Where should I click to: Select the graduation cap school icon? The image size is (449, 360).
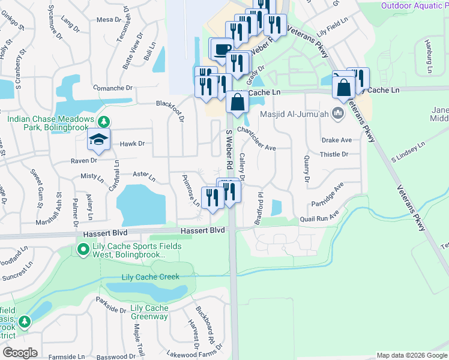(98, 140)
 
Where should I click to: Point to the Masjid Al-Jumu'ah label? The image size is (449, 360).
(295, 114)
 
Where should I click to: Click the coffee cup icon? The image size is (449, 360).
(222, 47)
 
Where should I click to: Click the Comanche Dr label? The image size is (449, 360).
(112, 88)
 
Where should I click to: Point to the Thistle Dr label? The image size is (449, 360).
(334, 154)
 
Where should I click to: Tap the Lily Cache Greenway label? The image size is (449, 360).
(149, 313)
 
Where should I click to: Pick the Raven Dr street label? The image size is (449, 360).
(85, 161)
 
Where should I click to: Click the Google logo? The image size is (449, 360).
(20, 353)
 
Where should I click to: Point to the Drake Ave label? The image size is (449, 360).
(336, 140)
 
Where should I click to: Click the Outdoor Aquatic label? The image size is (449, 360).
(414, 5)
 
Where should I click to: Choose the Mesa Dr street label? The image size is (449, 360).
(109, 20)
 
